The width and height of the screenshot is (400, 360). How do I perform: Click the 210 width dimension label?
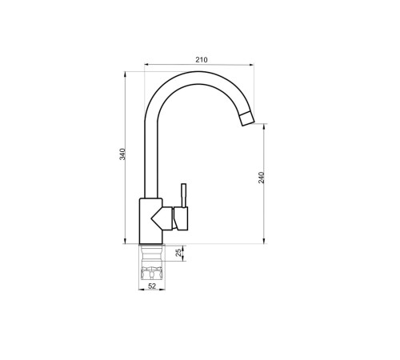[x=202, y=60]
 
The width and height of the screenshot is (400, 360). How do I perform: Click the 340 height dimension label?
[x=122, y=154]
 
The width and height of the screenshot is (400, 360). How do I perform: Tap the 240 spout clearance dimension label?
[x=262, y=178]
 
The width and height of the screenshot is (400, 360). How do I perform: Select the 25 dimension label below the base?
[x=179, y=253]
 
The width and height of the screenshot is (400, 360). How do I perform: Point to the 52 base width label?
[x=152, y=286]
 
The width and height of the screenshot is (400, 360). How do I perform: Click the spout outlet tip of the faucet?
[x=247, y=119]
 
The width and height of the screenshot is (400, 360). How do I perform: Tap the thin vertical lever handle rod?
[x=183, y=195]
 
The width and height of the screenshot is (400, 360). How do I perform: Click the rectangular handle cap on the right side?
[x=181, y=218]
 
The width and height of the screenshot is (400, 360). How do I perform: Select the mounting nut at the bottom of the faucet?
[x=152, y=274]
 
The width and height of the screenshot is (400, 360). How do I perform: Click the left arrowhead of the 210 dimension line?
[x=146, y=64]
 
